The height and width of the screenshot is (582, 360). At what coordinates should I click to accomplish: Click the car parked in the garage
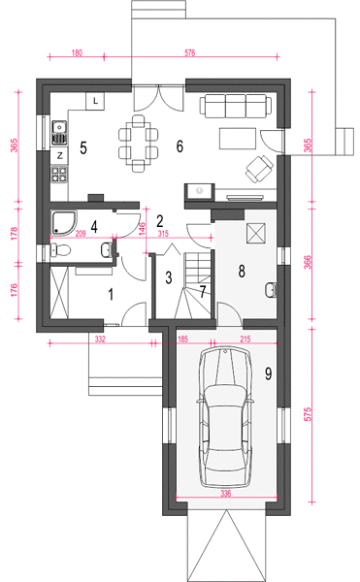point(226,417)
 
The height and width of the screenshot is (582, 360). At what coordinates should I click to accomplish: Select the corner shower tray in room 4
point(64,223)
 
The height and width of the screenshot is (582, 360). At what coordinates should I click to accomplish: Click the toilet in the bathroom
point(60,250)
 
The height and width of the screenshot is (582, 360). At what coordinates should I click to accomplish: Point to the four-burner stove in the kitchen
point(59,174)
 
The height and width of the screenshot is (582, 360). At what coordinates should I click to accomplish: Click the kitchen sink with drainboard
point(59,133)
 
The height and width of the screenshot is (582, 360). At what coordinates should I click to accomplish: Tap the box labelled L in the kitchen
point(95,101)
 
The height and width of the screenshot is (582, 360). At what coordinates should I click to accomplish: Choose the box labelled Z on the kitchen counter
point(59,156)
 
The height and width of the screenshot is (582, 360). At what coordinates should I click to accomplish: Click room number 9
point(268,373)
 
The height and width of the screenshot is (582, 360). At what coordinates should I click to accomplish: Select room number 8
point(242,272)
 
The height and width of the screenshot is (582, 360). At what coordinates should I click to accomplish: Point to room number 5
point(83,147)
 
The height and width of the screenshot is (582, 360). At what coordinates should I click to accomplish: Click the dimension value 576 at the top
point(189,53)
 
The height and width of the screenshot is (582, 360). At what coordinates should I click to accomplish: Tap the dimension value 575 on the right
point(308,414)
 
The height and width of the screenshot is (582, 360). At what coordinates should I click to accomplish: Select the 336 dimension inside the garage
point(226,493)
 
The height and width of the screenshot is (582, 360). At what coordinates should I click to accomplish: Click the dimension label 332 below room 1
point(100,339)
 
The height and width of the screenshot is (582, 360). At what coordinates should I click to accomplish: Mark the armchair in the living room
point(259,169)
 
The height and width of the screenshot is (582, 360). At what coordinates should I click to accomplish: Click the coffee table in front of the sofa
point(238,138)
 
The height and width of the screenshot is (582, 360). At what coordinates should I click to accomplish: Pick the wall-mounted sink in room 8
point(271,290)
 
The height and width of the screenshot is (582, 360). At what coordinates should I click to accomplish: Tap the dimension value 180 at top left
point(77,53)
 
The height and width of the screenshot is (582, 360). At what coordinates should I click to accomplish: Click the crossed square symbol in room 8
point(255,233)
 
